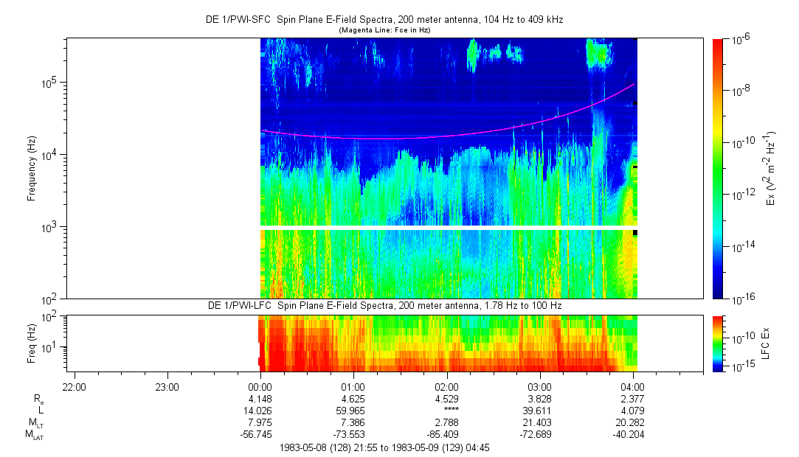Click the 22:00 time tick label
coord(75,386)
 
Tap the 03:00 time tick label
coord(540,386)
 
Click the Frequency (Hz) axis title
coord(32,168)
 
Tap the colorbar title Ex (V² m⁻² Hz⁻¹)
coord(771,168)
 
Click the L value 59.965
coord(353,410)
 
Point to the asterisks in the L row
coord(446,410)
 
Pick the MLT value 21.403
coord(540,422)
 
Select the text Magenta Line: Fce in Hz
coord(384,30)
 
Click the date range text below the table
coord(384,447)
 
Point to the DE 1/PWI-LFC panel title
coord(384,305)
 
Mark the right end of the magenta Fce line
coord(634,85)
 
